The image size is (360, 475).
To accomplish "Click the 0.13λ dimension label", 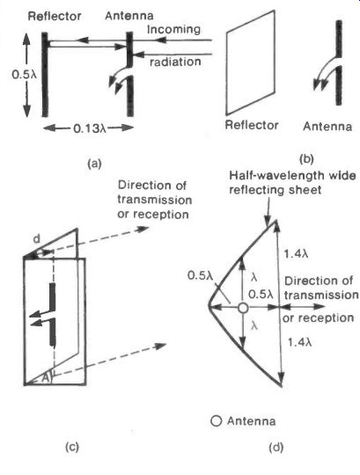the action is click(90, 129).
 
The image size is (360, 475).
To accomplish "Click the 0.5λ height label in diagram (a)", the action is click(24, 74).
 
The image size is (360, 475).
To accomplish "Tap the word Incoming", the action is click(173, 29).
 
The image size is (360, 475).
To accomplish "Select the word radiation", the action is click(175, 62).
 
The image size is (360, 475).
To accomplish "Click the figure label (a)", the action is click(94, 164).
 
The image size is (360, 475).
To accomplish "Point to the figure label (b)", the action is click(306, 159).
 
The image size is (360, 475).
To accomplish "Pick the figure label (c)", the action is click(72, 447).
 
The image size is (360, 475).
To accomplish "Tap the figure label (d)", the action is click(276, 447).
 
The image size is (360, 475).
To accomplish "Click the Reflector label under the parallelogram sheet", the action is click(252, 125).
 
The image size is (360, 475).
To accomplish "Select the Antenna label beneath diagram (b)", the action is click(327, 126).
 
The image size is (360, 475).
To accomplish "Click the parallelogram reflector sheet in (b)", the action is click(251, 62).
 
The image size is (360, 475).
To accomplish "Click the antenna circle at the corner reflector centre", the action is click(243, 308).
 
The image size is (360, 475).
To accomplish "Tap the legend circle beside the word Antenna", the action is click(216, 421).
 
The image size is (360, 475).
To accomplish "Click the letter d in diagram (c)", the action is click(36, 239).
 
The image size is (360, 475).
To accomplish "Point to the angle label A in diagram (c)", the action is click(46, 377).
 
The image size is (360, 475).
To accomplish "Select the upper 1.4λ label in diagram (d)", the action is click(296, 253).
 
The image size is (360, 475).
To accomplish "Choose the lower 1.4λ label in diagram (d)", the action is click(299, 342).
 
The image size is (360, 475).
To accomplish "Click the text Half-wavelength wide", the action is click(292, 175).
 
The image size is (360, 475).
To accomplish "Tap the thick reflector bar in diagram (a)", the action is click(45, 75).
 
